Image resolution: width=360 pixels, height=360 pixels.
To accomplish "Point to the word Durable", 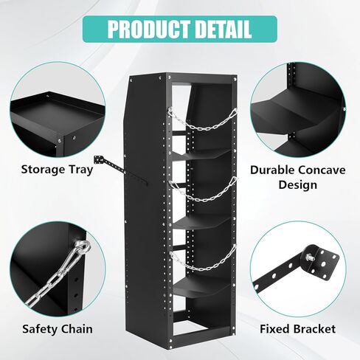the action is coord(272,170).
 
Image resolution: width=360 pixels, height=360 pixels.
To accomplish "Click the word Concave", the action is coord(321,170).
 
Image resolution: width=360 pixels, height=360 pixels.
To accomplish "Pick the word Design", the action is coord(298,185).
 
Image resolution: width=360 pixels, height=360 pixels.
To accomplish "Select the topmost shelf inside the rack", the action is coord(201,155).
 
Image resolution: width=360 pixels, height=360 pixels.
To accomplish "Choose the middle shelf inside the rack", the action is coord(201,224).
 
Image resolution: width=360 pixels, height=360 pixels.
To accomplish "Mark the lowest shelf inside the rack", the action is coord(201,288).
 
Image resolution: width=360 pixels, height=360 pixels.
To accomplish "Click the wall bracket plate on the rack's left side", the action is coord(99,159).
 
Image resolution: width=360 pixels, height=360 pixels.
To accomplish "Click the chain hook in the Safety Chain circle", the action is coord(83,246).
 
